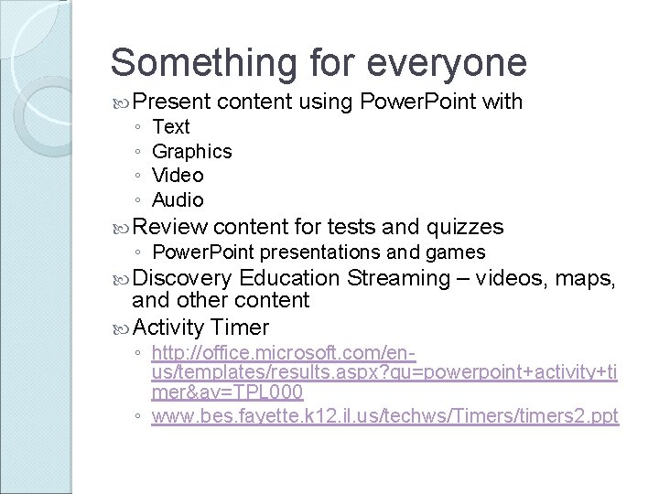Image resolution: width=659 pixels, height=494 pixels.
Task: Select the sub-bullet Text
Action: pyautogui.click(x=170, y=127)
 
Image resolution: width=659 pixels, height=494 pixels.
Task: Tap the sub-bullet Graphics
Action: pyautogui.click(x=191, y=151)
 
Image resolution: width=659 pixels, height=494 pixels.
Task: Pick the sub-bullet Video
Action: pyautogui.click(x=178, y=175)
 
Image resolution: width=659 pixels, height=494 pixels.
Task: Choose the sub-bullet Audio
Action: pyautogui.click(x=178, y=199)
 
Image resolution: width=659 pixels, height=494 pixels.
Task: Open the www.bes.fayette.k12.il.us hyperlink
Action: pyautogui.click(x=384, y=416)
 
